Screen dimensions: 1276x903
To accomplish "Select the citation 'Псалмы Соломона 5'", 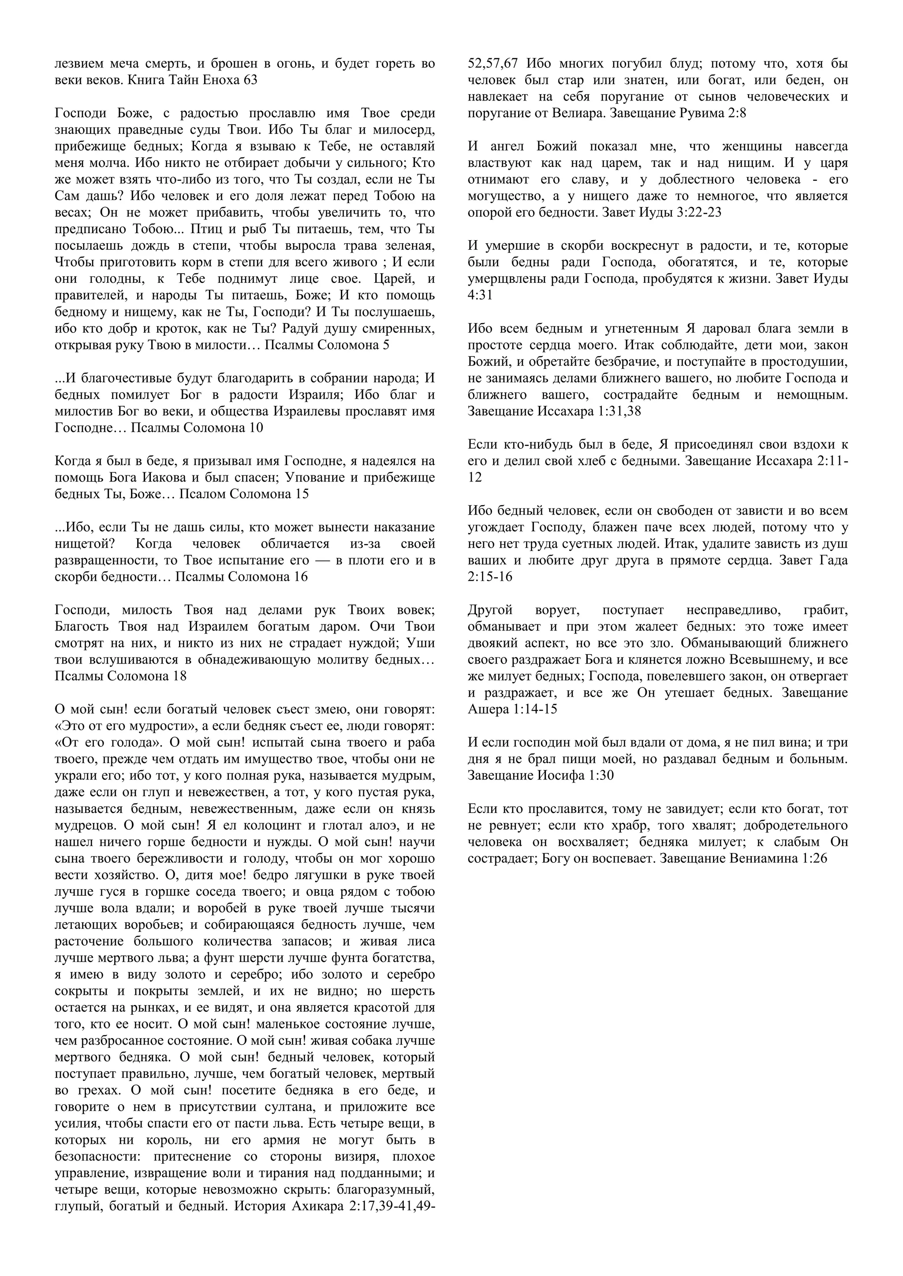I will point(327,345).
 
